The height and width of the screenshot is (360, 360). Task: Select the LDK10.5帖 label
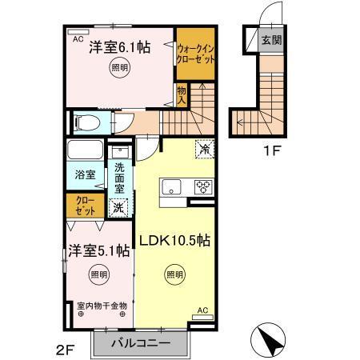click(x=176, y=240)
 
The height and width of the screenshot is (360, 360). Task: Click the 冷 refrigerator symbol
click(x=204, y=149)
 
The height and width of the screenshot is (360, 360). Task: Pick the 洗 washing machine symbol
click(x=118, y=206)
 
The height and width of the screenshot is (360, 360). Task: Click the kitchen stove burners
click(x=200, y=188)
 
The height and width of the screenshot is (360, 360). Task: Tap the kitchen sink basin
click(x=172, y=188)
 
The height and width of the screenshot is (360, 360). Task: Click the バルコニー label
click(x=141, y=342)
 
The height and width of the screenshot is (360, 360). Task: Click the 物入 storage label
click(x=182, y=96)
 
